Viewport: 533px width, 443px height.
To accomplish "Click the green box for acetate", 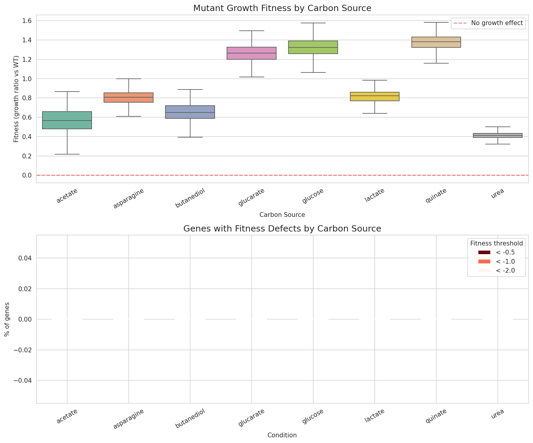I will click(x=67, y=120).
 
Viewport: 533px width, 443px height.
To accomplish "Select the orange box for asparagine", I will click(x=128, y=98).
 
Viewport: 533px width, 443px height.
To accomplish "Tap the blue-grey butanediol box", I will click(x=190, y=112).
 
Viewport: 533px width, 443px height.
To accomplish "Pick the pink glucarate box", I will click(x=251, y=53).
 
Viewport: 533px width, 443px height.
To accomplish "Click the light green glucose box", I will click(x=313, y=47).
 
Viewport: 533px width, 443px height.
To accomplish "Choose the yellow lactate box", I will click(x=374, y=96).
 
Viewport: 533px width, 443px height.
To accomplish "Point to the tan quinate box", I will click(x=436, y=42).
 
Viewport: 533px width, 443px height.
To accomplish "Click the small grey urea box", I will click(x=497, y=135).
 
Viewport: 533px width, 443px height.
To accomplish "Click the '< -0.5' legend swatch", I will click(x=484, y=252).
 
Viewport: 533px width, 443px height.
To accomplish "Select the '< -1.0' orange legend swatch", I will click(x=484, y=262).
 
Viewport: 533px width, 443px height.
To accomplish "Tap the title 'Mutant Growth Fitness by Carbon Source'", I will click(x=282, y=8).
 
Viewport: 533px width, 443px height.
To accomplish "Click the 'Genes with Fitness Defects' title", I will click(x=282, y=229).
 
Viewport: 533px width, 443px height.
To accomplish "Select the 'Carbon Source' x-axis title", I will click(x=282, y=215).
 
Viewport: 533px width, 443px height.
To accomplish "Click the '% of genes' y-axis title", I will click(x=7, y=319).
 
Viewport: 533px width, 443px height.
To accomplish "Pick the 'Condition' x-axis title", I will click(x=282, y=435).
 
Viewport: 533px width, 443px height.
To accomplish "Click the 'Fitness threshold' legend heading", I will click(x=496, y=243).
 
